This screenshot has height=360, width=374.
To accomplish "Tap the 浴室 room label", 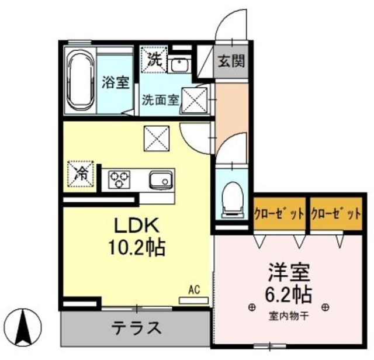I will tap(116, 82).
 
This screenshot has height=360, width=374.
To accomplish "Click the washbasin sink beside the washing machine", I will tap(178, 64).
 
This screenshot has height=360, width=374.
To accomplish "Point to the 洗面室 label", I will tap(160, 99).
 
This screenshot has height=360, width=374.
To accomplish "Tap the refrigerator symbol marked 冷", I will tap(81, 174).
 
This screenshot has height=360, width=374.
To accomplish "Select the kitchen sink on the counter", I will tap(160, 179).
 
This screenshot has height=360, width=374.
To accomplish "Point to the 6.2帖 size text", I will tap(289, 292).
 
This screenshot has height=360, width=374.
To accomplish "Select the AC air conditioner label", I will tap(194, 288).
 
